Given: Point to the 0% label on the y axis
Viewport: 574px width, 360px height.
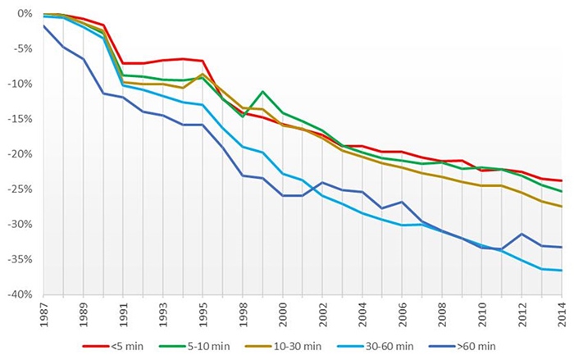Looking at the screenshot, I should point(22,14).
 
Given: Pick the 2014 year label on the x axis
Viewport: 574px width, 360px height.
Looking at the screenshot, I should point(562,315).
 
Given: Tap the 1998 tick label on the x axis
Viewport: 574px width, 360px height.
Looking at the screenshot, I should point(244,315).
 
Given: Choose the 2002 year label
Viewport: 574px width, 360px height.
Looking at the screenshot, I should point(323,315).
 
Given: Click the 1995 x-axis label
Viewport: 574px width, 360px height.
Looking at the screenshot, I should point(203,315).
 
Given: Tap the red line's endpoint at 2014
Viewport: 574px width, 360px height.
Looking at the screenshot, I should point(562,180).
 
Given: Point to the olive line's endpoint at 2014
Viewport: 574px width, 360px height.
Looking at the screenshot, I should point(562,207).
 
